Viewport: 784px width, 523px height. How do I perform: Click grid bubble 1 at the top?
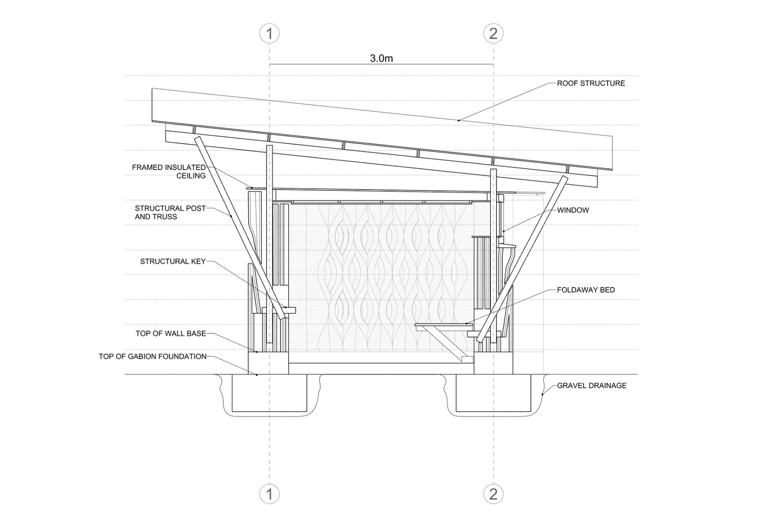pos(269,34)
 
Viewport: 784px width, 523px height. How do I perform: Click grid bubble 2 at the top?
pos(493,34)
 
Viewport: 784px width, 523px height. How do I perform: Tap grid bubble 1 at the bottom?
pos(269,494)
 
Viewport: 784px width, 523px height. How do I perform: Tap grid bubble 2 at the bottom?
pos(493,494)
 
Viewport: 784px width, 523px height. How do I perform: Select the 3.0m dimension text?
pos(381,58)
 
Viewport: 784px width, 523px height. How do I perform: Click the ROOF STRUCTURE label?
pos(591,83)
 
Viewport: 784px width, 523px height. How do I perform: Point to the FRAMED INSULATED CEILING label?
pos(169,171)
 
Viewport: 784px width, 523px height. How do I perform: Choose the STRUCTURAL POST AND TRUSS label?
pos(170,212)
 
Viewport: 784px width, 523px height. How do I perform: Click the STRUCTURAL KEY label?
pos(172,261)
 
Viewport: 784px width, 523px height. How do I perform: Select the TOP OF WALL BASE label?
pos(171,333)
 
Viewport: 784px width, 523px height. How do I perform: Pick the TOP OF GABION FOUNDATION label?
pos(152,357)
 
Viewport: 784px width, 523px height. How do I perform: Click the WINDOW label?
pos(573,210)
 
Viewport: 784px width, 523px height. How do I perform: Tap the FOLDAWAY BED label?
pos(586,290)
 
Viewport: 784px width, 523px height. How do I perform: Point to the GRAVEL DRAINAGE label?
pos(591,385)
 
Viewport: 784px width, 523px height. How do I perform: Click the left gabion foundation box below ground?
pos(269,393)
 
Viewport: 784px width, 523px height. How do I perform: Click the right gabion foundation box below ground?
pos(493,393)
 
